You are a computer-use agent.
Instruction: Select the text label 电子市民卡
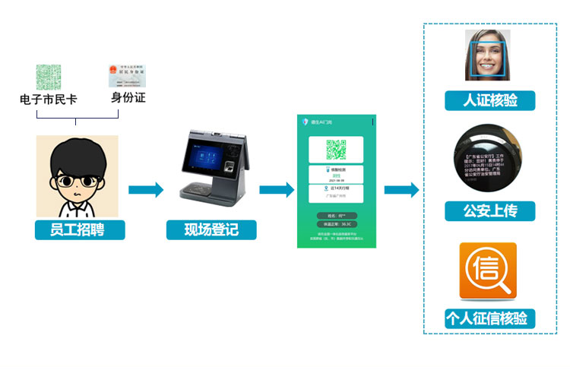tap(48, 99)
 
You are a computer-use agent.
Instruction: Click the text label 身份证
tap(128, 98)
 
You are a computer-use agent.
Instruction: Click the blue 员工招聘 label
tap(79, 229)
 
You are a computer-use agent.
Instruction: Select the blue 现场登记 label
tap(211, 229)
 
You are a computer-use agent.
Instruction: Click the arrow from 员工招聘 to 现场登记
tap(146, 189)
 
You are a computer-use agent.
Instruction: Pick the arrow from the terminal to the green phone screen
tap(277, 189)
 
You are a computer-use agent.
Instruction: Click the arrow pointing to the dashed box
tap(401, 189)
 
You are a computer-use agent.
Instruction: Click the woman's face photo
tap(487, 55)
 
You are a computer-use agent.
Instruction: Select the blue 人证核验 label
tap(489, 100)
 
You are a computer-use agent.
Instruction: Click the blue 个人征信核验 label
tap(489, 318)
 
